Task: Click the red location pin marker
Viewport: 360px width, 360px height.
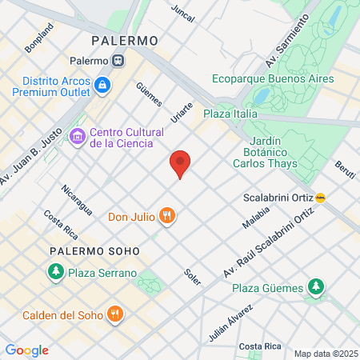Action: point(181,164)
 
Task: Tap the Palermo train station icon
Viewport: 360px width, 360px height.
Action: point(118,61)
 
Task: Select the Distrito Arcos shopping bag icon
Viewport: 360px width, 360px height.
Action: point(102,85)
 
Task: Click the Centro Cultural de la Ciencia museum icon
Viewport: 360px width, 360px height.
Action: point(78,137)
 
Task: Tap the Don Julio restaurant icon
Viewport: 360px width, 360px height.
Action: point(166,215)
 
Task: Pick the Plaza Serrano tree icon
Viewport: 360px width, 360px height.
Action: point(55,273)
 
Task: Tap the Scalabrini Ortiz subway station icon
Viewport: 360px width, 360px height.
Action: point(321,198)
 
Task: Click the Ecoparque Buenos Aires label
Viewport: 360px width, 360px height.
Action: point(273,78)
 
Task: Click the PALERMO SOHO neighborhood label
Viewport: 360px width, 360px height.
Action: point(94,251)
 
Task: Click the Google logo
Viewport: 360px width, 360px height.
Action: point(26,350)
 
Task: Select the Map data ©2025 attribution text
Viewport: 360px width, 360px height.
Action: point(323,354)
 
